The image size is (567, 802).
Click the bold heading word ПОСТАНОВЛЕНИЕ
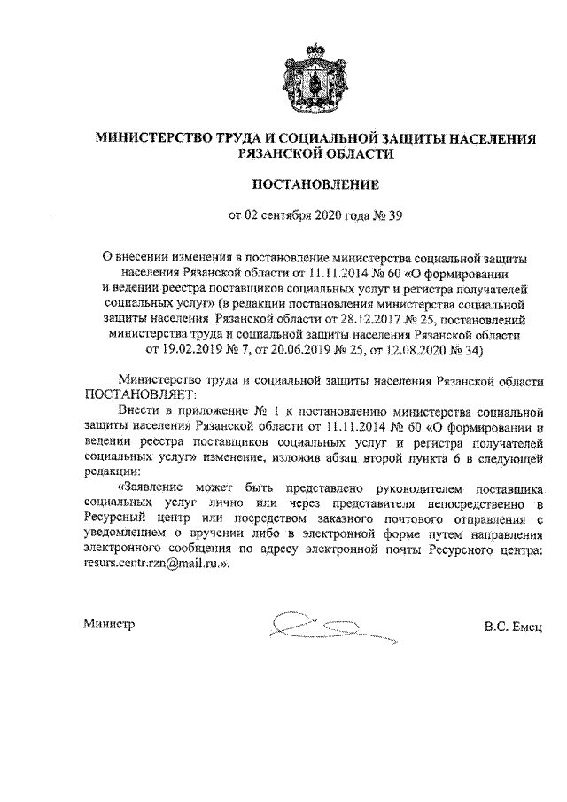coord(315,184)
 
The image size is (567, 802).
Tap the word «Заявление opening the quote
coord(157,487)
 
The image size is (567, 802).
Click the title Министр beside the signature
coord(109,625)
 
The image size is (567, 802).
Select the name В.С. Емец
coord(516,626)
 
